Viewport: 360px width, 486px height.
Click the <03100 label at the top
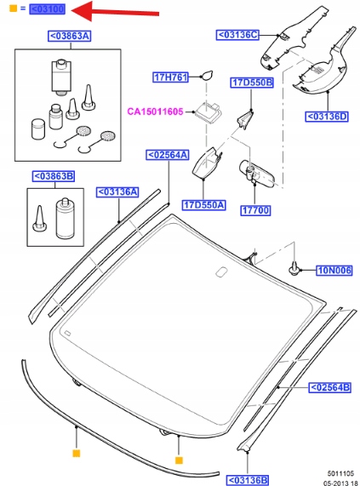point(48,9)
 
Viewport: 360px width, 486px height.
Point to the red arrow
point(115,11)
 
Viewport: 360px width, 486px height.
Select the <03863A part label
point(70,36)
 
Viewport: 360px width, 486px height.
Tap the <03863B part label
point(54,176)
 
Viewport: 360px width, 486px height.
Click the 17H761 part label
point(171,77)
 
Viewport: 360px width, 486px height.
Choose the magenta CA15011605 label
point(155,111)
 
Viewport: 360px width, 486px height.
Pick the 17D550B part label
point(252,83)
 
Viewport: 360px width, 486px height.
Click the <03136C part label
point(237,35)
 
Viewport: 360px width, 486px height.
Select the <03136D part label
point(327,117)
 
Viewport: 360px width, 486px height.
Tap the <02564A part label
point(168,155)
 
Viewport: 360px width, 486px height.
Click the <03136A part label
point(117,192)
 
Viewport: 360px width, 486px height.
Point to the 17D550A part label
point(204,205)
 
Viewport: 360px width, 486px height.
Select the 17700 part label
point(255,210)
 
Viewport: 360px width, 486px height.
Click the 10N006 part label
point(334,271)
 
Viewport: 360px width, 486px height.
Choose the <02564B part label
point(330,387)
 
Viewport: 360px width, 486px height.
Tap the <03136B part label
point(248,480)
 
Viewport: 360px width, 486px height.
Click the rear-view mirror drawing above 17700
point(256,174)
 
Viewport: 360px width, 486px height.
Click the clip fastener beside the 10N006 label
point(293,269)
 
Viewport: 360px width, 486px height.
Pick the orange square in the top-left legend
point(13,9)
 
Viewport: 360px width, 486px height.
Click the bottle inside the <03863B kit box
point(65,219)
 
